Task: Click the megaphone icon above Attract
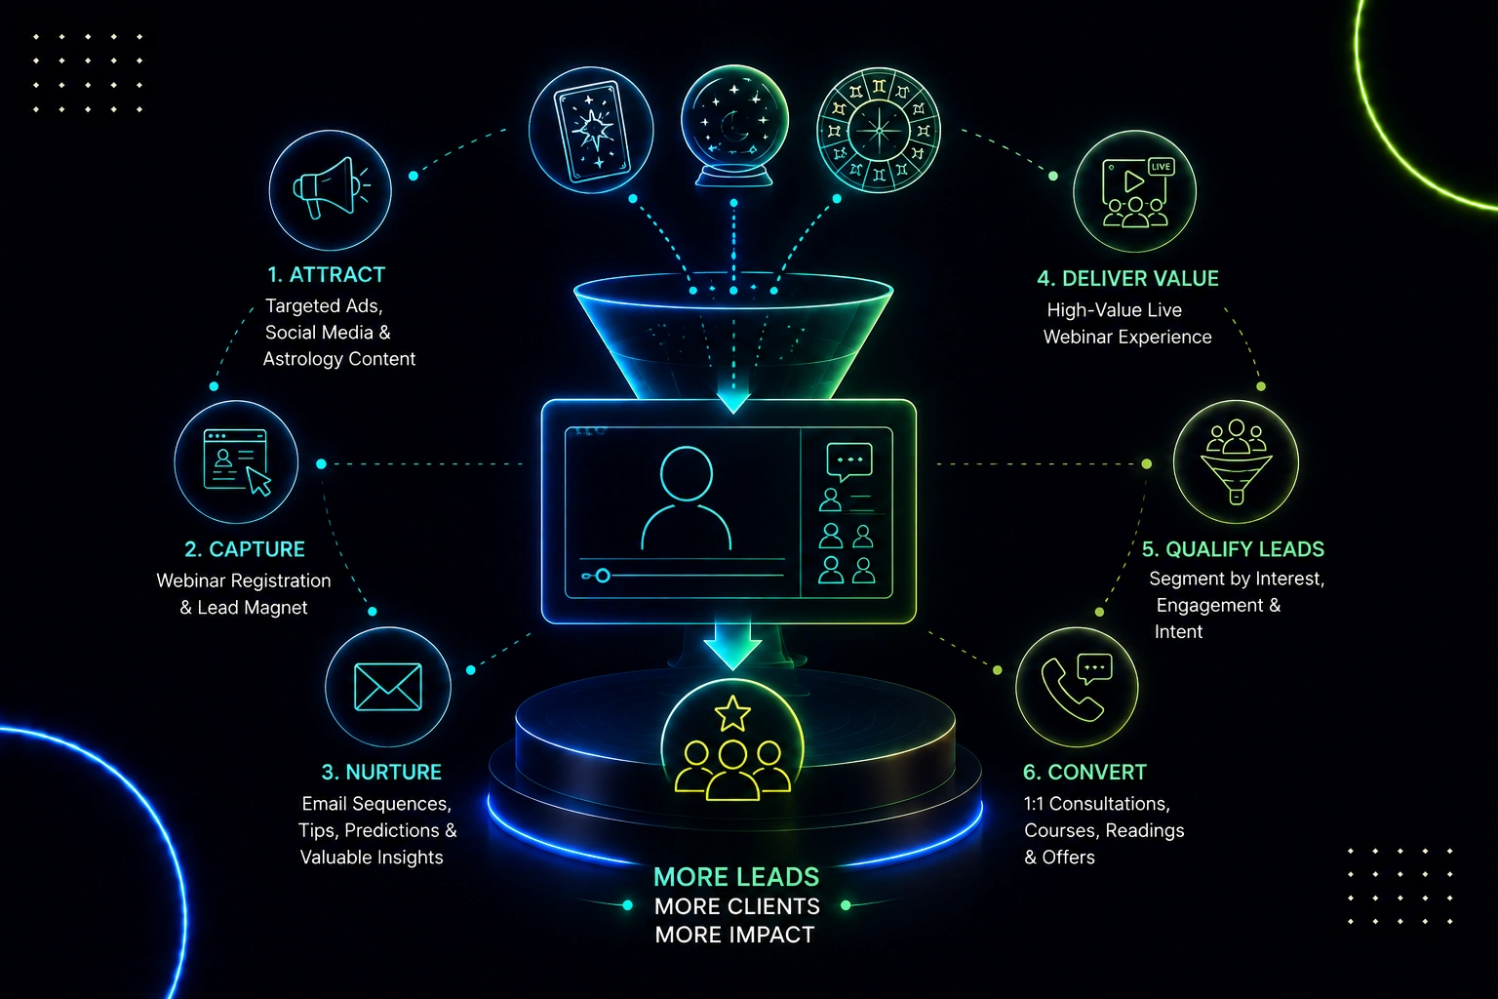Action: point(331,187)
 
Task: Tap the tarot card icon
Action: point(592,131)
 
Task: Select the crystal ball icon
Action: point(734,125)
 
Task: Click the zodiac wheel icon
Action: point(879,130)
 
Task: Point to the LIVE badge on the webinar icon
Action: point(1161,167)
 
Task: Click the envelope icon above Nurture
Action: point(388,687)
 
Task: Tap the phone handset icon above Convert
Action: point(1070,691)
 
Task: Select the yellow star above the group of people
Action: point(732,713)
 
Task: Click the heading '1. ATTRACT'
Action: point(327,275)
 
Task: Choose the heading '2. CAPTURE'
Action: point(245,549)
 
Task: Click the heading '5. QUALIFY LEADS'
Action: point(1233,549)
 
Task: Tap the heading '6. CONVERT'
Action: point(1084,772)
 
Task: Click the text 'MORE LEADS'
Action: point(736,876)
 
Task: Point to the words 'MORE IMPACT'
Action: point(735,935)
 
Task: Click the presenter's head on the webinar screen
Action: point(687,474)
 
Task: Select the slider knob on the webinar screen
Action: point(603,576)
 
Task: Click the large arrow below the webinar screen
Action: point(732,645)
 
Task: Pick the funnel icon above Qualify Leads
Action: point(1237,461)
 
